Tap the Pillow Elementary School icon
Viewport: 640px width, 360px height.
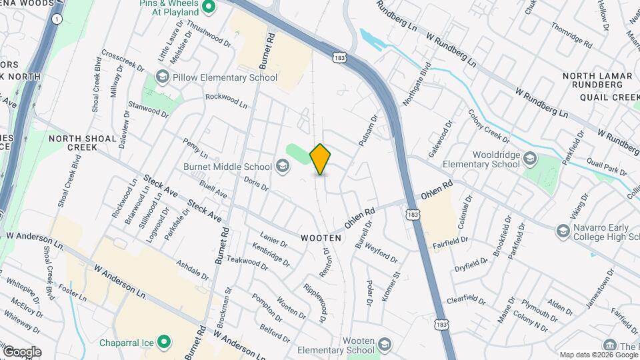tap(162, 77)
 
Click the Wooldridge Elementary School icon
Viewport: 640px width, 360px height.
tap(530, 158)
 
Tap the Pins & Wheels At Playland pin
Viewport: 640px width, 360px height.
tap(208, 8)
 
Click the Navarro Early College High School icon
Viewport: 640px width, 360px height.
tap(563, 231)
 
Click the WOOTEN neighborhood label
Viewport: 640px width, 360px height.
tap(321, 237)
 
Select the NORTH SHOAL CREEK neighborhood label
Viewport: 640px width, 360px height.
tap(73, 142)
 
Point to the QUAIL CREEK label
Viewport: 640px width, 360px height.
tap(611, 97)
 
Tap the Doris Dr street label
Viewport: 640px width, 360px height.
tap(256, 183)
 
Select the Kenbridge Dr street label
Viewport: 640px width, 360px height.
tap(271, 255)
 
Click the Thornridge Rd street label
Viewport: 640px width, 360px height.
tap(571, 36)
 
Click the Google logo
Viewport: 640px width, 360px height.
tap(22, 351)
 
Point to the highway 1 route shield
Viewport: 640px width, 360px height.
tap(57, 19)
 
